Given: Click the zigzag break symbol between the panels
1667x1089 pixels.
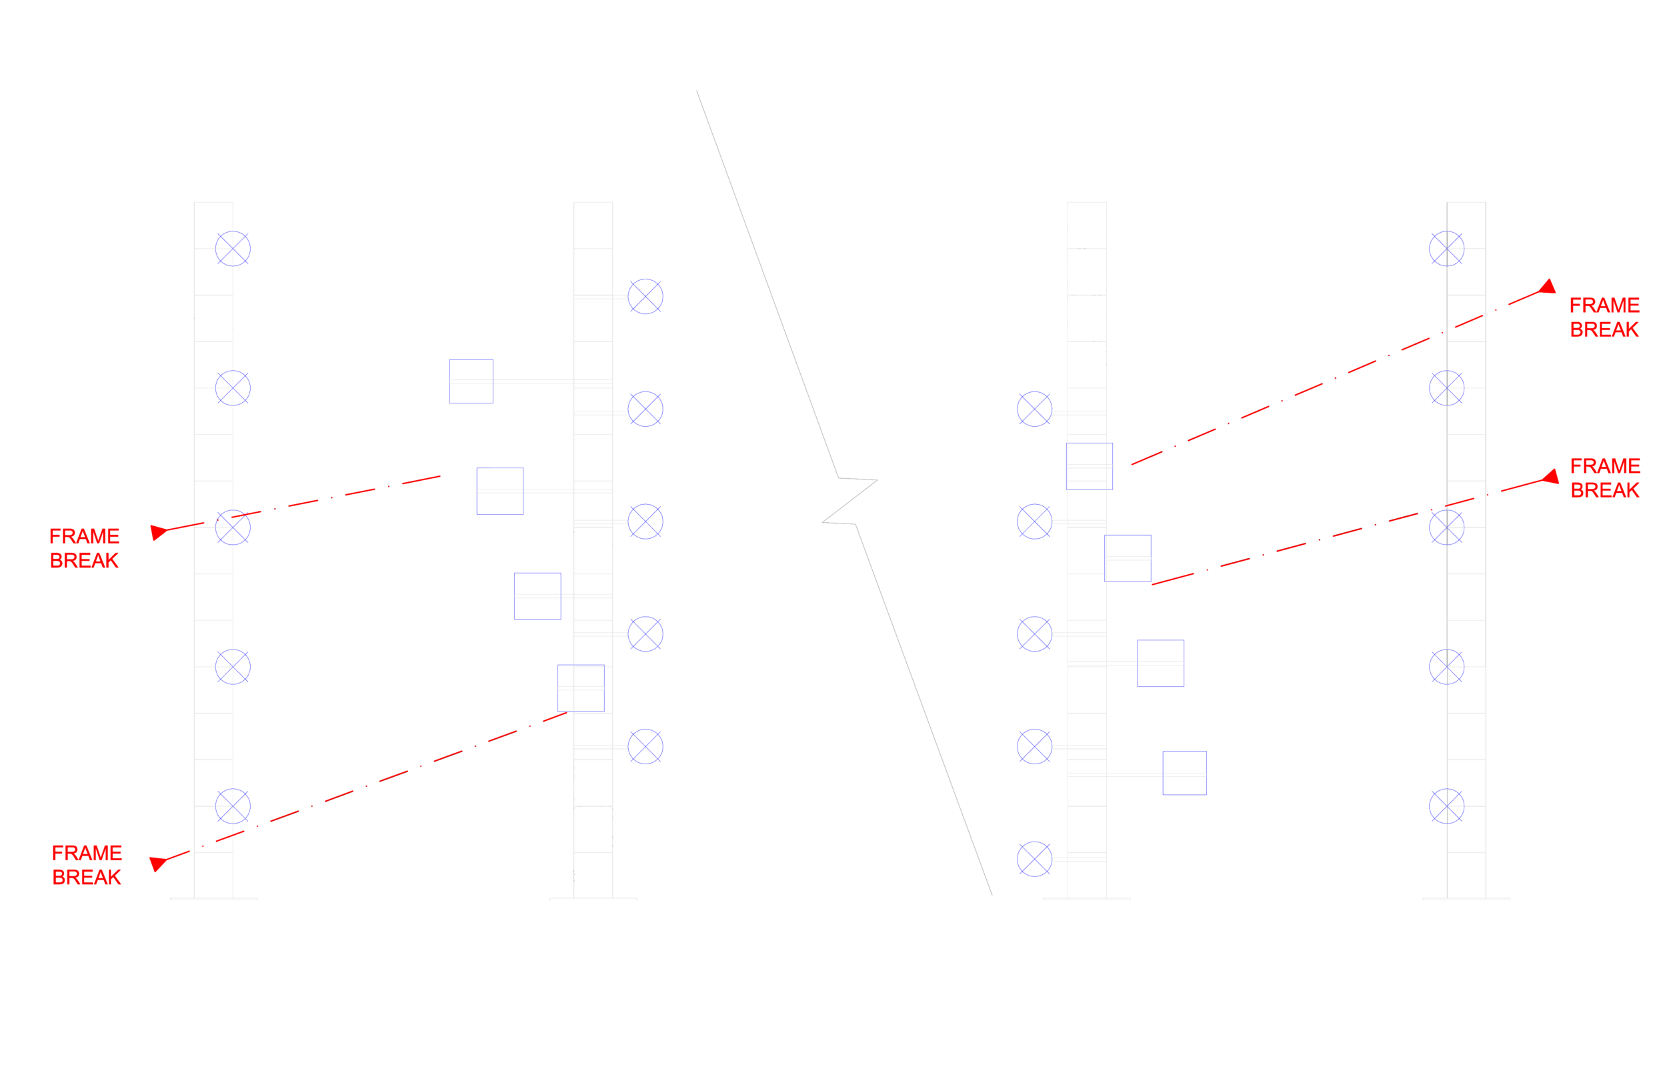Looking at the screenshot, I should (849, 501).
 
